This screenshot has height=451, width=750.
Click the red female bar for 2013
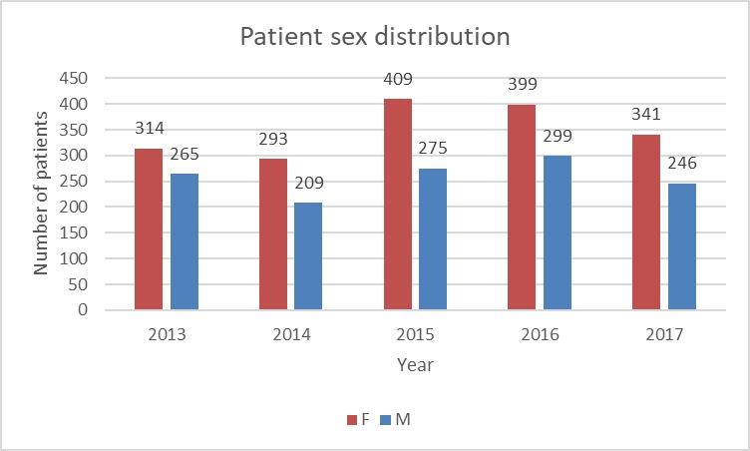click(x=148, y=229)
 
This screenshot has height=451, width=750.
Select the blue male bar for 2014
click(x=308, y=256)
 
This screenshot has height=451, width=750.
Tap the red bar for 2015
click(x=397, y=205)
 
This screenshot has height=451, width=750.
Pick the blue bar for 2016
click(x=558, y=232)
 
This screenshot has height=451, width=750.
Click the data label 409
click(x=397, y=80)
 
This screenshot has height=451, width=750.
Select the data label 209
click(x=308, y=184)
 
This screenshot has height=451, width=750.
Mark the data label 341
click(x=645, y=115)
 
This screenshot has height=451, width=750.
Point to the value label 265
click(x=185, y=155)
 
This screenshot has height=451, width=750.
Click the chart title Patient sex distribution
click(x=375, y=37)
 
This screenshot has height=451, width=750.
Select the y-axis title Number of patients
click(x=42, y=194)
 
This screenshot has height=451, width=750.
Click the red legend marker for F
click(x=351, y=420)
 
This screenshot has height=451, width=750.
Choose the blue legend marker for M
click(x=386, y=420)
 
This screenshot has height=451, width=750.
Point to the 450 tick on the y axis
click(x=76, y=79)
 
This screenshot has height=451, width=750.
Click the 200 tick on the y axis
click(x=76, y=208)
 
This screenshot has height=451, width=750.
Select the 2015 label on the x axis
click(x=415, y=334)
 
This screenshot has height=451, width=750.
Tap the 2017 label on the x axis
click(x=664, y=334)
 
